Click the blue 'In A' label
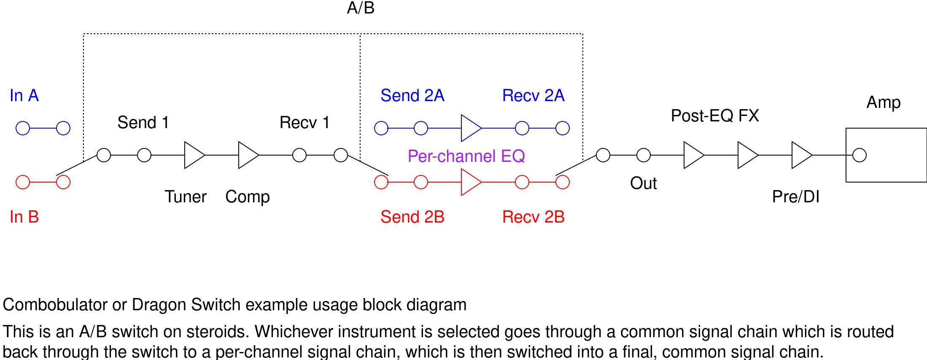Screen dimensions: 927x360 click(x=24, y=96)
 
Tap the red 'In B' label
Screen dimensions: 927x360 click(x=24, y=217)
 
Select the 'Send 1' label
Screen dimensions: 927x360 click(x=143, y=123)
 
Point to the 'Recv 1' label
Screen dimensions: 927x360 click(x=305, y=123)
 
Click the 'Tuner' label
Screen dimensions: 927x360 click(x=186, y=197)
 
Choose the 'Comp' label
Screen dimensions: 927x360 click(x=248, y=197)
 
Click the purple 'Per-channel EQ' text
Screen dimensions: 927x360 click(x=466, y=156)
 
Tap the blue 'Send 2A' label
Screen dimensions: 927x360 click(x=412, y=96)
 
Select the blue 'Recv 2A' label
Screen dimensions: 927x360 click(x=533, y=96)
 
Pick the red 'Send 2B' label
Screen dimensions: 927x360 click(x=412, y=217)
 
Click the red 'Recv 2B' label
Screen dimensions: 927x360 click(x=533, y=217)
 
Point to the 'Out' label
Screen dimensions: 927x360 click(x=643, y=183)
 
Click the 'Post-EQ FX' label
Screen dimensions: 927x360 click(x=715, y=116)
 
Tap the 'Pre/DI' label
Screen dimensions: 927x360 click(x=795, y=197)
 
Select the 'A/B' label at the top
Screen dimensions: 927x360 click(x=361, y=8)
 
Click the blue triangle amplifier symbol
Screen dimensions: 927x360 click(x=471, y=128)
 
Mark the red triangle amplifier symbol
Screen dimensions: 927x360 click(x=471, y=182)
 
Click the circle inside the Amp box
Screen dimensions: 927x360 click(x=860, y=155)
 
